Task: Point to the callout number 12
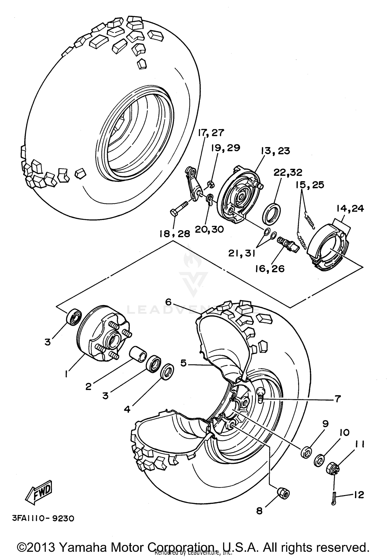pos(359,495)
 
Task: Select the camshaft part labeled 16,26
pos(288,244)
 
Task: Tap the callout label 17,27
pos(211,133)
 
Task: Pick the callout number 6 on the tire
pos(168,302)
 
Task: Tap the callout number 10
pos(344,432)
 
